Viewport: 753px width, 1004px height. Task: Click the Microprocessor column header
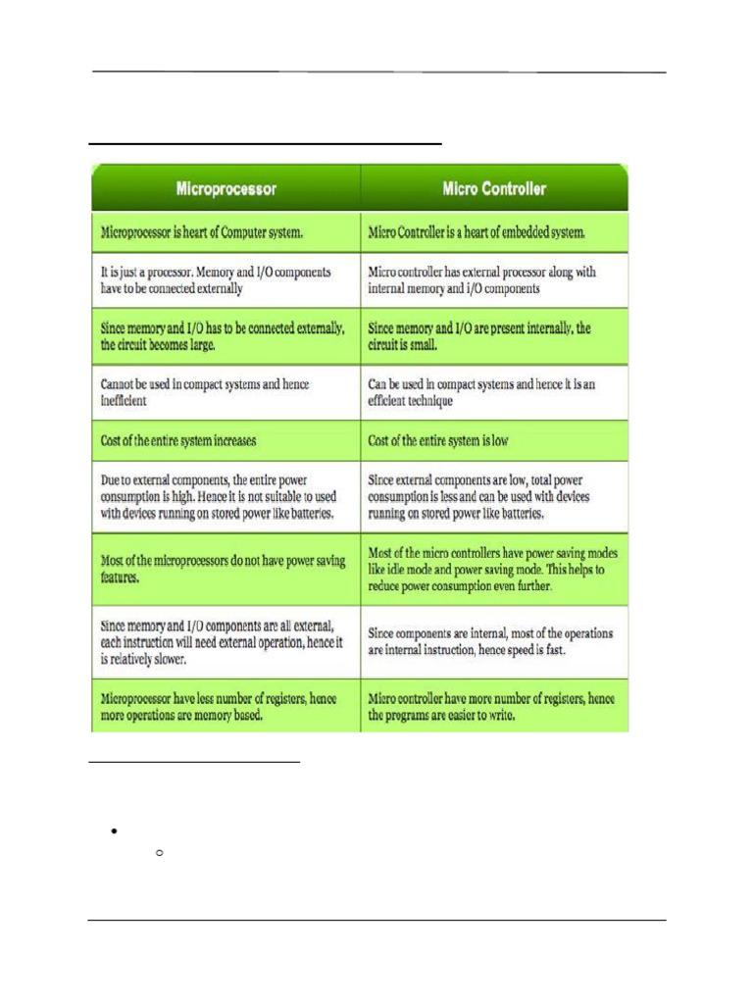226,187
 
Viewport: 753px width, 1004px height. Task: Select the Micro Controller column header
494,187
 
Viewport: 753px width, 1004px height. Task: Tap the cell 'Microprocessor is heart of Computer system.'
226,233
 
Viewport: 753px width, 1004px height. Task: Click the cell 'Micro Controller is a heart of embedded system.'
494,233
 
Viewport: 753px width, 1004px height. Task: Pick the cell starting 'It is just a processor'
226,279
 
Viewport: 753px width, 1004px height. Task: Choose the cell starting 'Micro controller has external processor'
494,279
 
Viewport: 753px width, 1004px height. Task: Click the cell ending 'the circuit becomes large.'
226,336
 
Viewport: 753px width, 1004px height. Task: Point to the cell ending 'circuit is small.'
494,336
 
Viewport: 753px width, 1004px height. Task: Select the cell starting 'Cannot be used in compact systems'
226,392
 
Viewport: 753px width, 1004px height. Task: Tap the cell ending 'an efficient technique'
494,392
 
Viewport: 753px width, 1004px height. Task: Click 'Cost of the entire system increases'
226,441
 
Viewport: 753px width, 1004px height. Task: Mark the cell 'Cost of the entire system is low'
494,441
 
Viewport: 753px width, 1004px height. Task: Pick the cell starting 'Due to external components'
226,497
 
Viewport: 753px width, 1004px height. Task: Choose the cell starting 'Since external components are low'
494,497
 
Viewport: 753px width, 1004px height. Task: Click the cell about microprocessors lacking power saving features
226,569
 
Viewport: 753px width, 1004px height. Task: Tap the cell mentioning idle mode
494,570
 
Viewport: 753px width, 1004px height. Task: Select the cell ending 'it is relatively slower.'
226,640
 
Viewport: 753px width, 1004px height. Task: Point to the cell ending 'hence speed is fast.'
494,640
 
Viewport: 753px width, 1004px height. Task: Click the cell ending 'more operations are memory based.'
226,707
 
